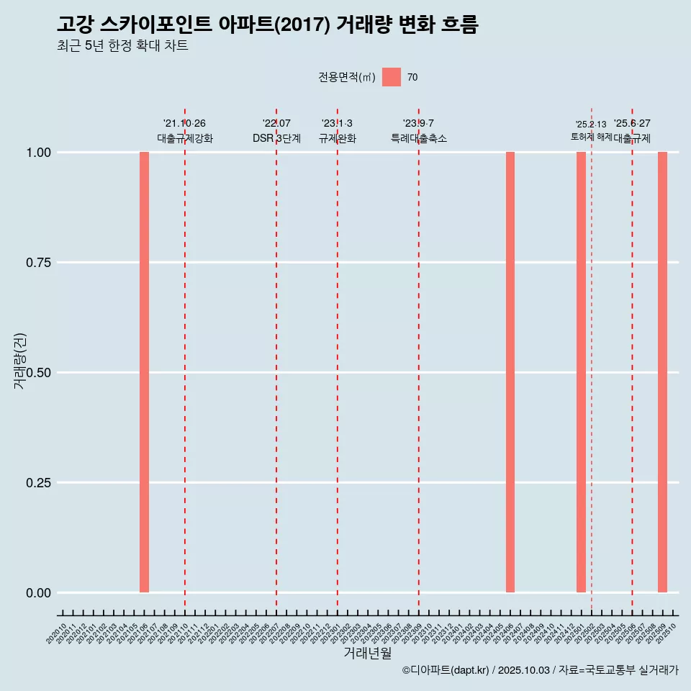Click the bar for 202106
(144, 372)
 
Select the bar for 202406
(510, 372)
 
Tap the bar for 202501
(581, 372)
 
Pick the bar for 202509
(662, 372)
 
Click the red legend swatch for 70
(391, 77)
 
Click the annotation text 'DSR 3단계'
(276, 138)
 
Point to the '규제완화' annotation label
(338, 138)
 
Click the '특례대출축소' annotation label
(419, 138)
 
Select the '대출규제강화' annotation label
(185, 138)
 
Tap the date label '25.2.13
(591, 125)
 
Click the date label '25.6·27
(632, 124)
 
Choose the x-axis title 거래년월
(368, 654)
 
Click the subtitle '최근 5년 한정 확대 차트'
(122, 46)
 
